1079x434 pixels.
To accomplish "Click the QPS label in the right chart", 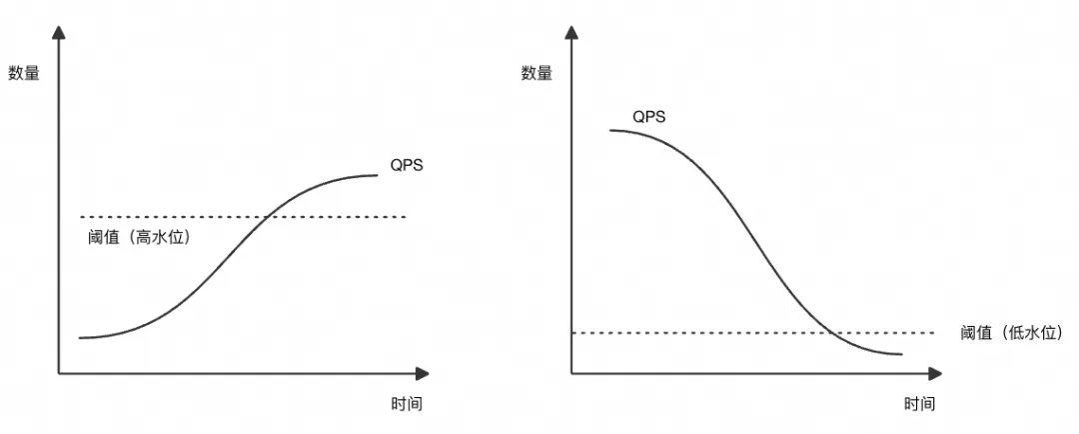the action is point(649,117).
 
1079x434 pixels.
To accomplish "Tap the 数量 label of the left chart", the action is point(24,72).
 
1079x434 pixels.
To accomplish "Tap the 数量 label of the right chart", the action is point(537,72).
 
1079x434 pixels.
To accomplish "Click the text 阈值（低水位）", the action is point(1011,332).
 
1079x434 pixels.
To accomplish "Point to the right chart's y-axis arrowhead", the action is point(571,33).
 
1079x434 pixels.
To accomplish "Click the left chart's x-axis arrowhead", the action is point(423,374).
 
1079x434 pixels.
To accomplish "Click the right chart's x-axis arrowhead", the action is point(935,374).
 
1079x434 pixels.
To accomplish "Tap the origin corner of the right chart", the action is point(571,374).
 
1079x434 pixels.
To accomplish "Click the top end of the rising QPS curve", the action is point(378,176).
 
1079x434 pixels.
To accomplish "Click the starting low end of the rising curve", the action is point(80,338).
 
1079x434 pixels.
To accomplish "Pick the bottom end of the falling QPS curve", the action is point(901,354).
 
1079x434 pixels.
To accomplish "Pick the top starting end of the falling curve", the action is point(609,130).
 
